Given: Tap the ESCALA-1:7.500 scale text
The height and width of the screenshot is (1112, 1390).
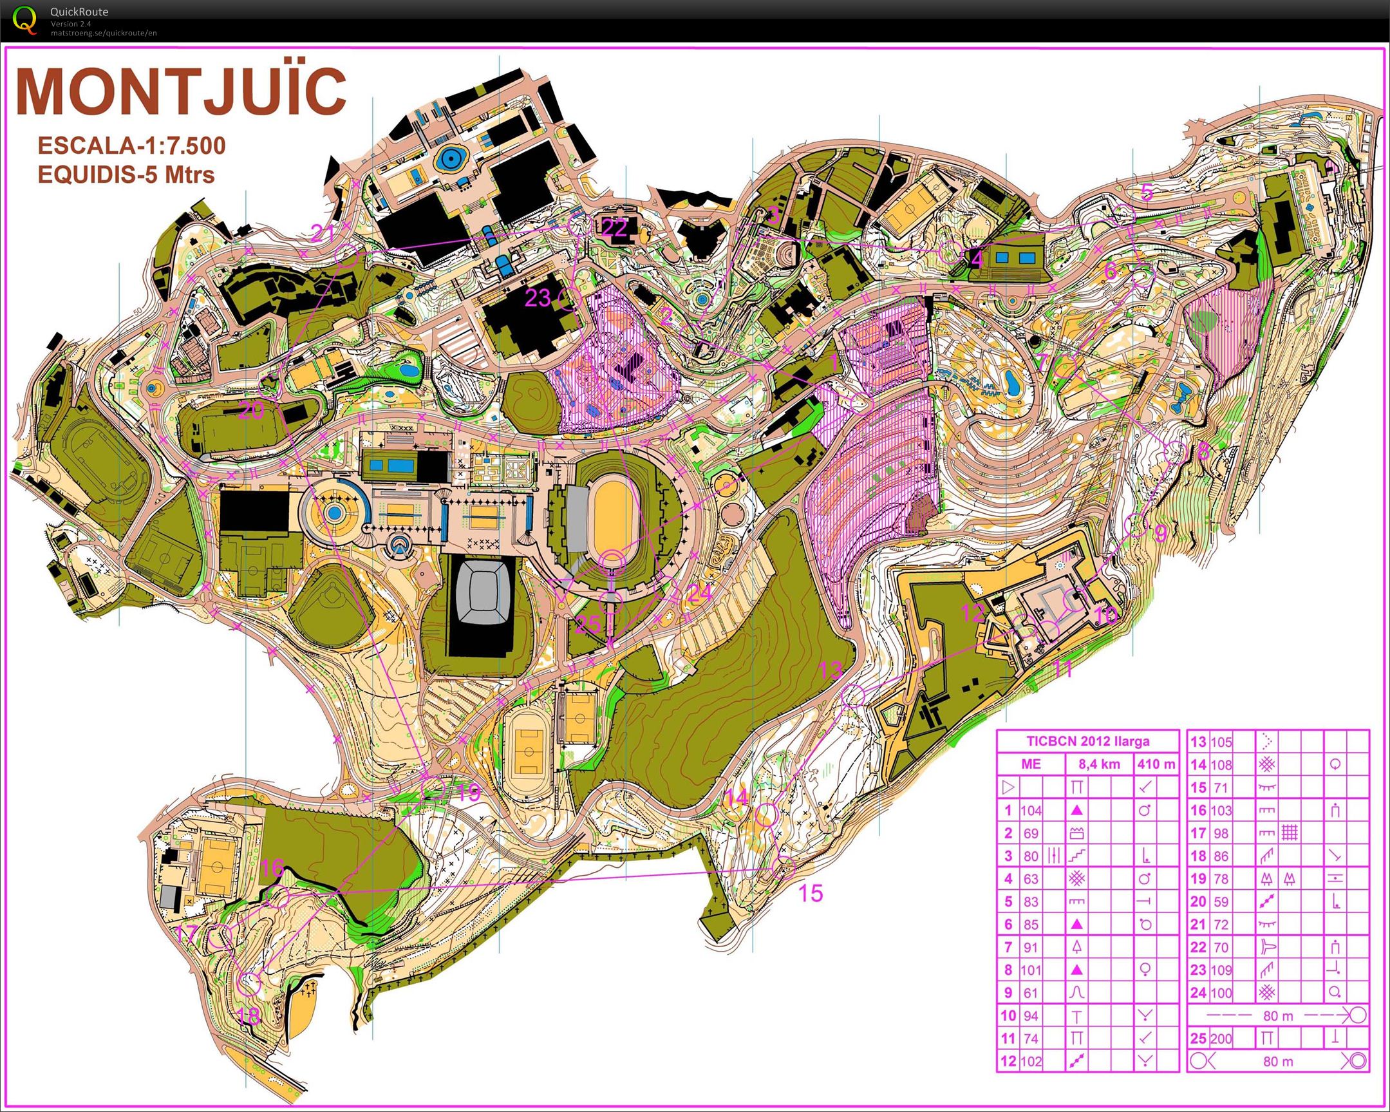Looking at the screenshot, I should pyautogui.click(x=131, y=146).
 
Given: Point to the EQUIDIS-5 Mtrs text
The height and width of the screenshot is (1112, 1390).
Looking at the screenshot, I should pyautogui.click(x=126, y=174).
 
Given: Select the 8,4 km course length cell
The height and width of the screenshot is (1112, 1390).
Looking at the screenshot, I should pyautogui.click(x=1098, y=764).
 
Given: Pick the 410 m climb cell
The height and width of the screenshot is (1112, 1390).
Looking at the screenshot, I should pyautogui.click(x=1156, y=764).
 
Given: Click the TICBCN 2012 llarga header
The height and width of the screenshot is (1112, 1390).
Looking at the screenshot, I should pyautogui.click(x=1087, y=741).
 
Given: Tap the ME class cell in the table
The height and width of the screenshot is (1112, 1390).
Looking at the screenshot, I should pyautogui.click(x=1031, y=764).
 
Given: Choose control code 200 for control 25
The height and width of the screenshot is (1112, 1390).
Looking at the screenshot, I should pyautogui.click(x=1221, y=1039).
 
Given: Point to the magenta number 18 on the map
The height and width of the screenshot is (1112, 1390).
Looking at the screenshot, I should pyautogui.click(x=249, y=1017).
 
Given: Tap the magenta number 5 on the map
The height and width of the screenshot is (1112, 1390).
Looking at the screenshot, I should pyautogui.click(x=1146, y=192).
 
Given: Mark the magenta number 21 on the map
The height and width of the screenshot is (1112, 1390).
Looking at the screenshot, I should pyautogui.click(x=322, y=232).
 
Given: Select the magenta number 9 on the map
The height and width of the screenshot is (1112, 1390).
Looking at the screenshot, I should pyautogui.click(x=1160, y=534).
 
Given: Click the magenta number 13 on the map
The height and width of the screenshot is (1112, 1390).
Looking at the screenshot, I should pyautogui.click(x=831, y=670).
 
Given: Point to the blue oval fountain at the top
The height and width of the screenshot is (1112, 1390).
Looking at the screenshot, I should pyautogui.click(x=451, y=157).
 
